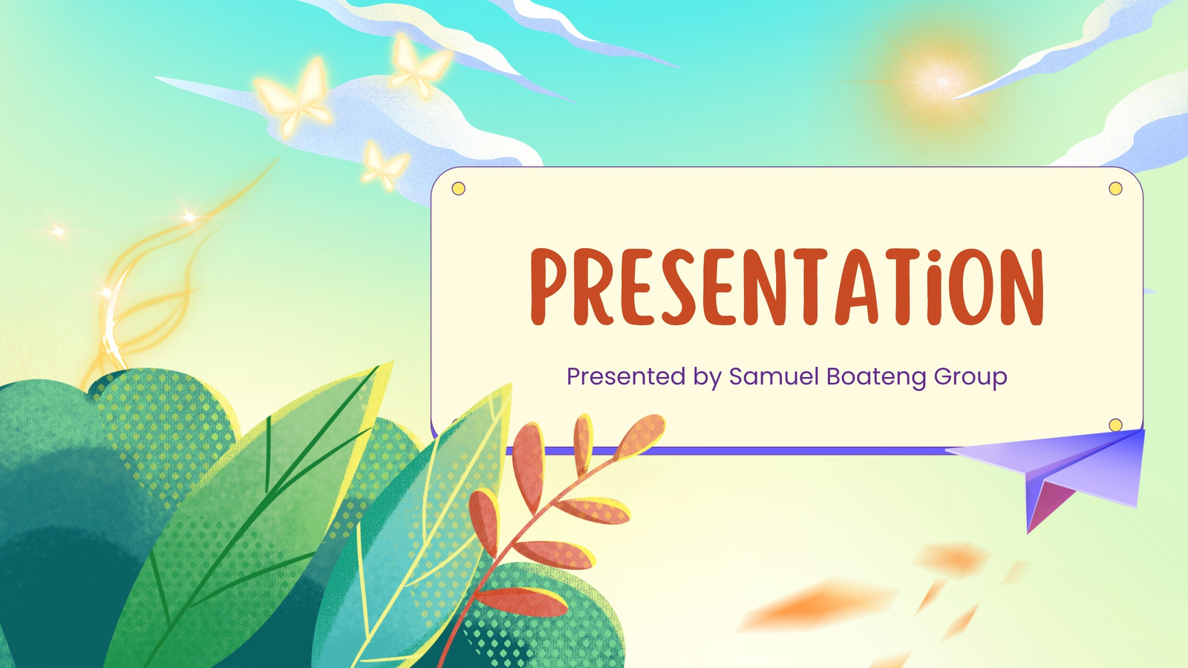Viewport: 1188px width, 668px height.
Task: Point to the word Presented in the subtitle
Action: (x=627, y=376)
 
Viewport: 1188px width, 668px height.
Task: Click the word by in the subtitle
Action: (x=708, y=379)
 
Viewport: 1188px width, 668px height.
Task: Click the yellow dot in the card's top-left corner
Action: (x=458, y=189)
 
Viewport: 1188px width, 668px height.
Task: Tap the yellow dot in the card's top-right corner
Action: (x=1115, y=189)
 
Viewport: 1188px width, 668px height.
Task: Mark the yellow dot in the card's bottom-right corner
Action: (x=1115, y=425)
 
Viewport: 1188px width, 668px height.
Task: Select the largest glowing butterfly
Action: (x=295, y=98)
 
